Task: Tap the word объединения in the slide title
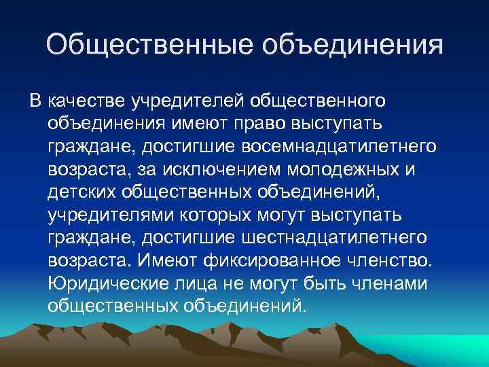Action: point(353,46)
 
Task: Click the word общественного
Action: point(319,101)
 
